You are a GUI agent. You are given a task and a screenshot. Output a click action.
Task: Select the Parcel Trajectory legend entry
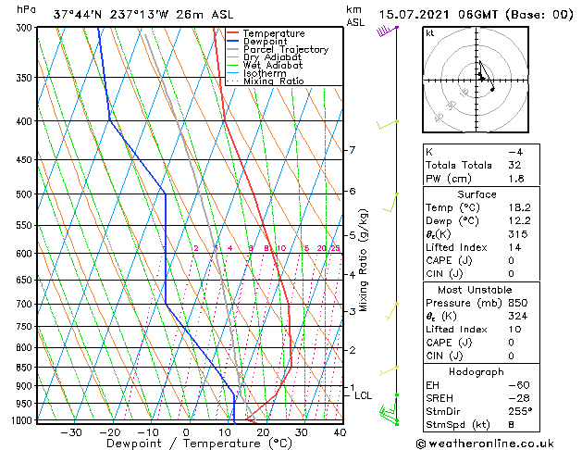[285, 50]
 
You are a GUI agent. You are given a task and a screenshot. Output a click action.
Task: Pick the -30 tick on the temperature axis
[71, 432]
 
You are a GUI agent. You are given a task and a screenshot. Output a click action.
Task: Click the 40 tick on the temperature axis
[341, 432]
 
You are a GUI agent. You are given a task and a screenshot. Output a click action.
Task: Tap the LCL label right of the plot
[364, 395]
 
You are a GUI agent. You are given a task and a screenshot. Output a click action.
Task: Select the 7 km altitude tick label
[352, 150]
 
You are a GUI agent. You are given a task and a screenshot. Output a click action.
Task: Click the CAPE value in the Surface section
[511, 261]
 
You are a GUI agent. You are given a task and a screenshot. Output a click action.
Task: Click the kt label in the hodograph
[429, 33]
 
